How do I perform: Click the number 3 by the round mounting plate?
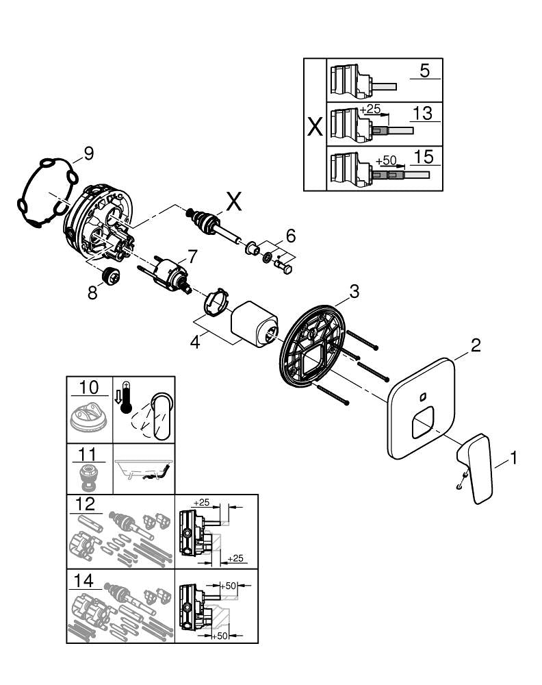point(353,292)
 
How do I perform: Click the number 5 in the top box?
point(425,70)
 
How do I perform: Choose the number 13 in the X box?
point(424,113)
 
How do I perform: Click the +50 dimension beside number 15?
point(387,160)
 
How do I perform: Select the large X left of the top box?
point(315,128)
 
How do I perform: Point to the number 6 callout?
point(290,236)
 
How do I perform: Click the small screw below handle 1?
point(462,485)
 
